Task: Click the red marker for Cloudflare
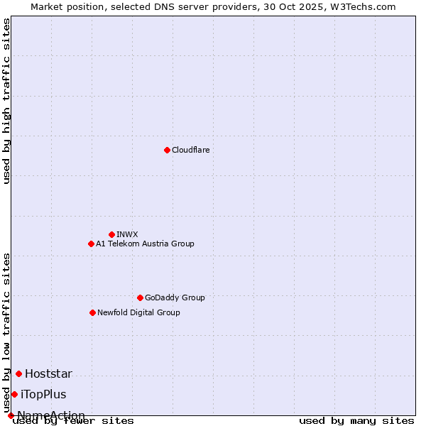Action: [167, 150]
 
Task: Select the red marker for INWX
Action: [111, 234]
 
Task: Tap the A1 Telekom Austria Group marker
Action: [91, 244]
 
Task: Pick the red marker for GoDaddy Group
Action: [140, 297]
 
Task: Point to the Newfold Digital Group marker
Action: [92, 312]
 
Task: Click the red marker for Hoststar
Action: [18, 373]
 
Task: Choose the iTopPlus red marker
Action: [14, 394]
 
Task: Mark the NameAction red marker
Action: [11, 415]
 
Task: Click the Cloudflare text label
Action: [190, 150]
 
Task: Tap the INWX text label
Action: [127, 234]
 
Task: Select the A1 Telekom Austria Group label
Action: [145, 244]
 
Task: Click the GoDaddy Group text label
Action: [175, 297]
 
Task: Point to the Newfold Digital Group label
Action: [138, 312]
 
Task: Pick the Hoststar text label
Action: [48, 373]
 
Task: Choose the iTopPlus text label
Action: [43, 394]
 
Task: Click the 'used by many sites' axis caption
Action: [356, 420]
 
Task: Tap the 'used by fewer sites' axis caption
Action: [73, 420]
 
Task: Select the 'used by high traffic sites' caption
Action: [7, 101]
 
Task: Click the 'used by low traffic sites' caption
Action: [7, 332]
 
